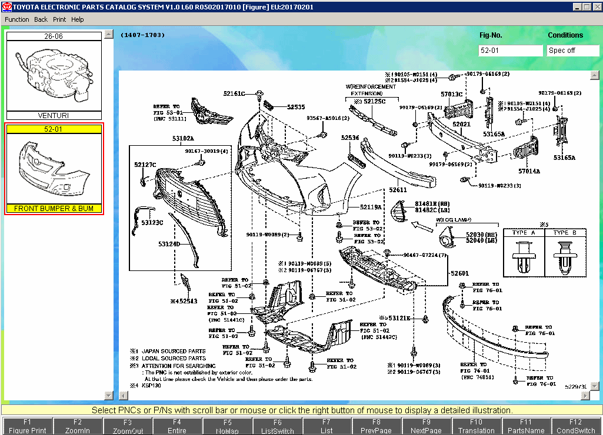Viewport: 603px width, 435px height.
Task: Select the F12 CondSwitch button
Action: pyautogui.click(x=576, y=426)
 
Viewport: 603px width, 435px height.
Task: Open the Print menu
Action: pyautogui.click(x=59, y=19)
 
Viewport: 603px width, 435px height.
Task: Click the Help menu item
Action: pyautogui.click(x=78, y=19)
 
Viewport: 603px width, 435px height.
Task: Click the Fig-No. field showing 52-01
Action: pyautogui.click(x=510, y=51)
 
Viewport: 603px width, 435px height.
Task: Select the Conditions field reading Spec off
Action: pyautogui.click(x=572, y=51)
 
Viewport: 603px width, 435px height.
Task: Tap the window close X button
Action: pyautogui.click(x=596, y=6)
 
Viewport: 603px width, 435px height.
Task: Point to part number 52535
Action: pyautogui.click(x=296, y=107)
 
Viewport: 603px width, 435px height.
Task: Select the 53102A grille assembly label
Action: pyautogui.click(x=183, y=139)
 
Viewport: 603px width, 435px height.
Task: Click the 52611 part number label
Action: pyautogui.click(x=398, y=190)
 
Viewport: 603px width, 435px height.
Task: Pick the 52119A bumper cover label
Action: pyautogui.click(x=371, y=207)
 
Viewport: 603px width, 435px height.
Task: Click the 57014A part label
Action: pyautogui.click(x=529, y=171)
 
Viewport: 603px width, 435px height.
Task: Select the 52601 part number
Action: pyautogui.click(x=460, y=273)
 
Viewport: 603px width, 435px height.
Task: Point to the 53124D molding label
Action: pyautogui.click(x=168, y=243)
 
